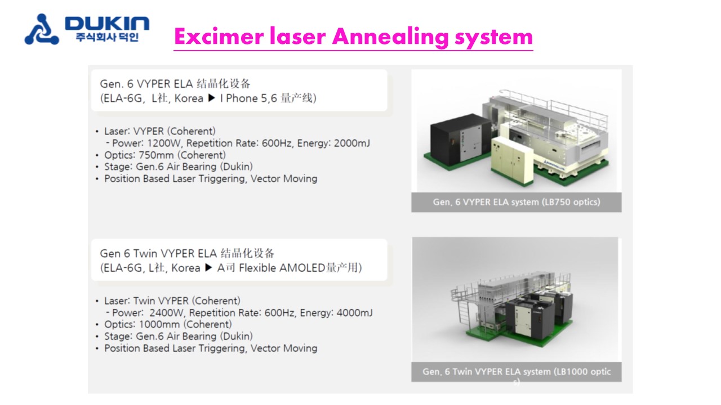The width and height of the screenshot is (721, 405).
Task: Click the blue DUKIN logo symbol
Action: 42,29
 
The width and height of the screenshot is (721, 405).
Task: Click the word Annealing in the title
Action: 390,37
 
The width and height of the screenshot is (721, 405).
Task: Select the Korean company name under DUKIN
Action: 107,37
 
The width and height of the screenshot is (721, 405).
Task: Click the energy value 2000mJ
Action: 352,143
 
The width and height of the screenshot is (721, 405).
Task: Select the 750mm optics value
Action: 156,155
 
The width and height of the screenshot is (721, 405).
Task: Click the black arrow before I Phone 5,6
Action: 211,98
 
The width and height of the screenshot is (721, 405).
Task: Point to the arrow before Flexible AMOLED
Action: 208,267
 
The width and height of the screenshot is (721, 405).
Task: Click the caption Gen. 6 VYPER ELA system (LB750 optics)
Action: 517,202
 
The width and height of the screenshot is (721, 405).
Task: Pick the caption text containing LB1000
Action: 517,372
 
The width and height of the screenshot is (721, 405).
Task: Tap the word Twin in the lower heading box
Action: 145,254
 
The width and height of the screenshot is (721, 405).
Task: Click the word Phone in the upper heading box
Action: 242,98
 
